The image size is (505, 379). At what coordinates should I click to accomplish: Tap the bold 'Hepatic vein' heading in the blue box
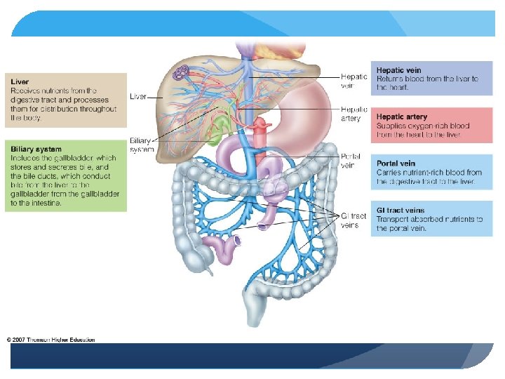[x=399, y=70]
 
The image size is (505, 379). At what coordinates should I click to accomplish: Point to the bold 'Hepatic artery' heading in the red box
[x=402, y=117]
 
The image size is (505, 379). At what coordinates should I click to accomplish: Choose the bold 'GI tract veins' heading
[x=400, y=210]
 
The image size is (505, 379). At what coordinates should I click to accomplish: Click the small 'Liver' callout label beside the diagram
[x=138, y=96]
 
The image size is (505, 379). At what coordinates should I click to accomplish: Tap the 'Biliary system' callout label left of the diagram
[x=140, y=145]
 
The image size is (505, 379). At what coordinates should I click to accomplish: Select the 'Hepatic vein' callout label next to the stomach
[x=353, y=81]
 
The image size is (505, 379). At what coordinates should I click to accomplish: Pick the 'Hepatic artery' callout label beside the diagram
[x=353, y=114]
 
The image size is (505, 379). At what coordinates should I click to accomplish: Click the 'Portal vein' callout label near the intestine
[x=350, y=161]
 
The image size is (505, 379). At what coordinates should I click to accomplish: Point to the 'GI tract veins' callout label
[x=353, y=220]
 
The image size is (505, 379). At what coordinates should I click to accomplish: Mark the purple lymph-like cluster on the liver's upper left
[x=182, y=72]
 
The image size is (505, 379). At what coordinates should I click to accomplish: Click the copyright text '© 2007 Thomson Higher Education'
[x=50, y=340]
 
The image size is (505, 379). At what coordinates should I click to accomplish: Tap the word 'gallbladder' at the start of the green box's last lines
[x=28, y=194]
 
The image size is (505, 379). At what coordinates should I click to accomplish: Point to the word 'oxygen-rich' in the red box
[x=427, y=126]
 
